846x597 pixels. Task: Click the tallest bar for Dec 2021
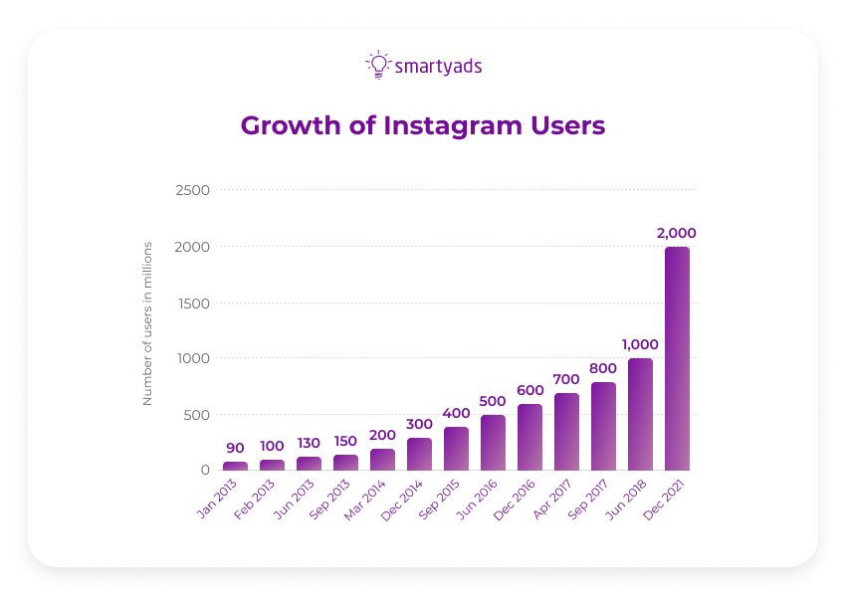tap(677, 358)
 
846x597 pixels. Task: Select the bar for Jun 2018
tap(640, 414)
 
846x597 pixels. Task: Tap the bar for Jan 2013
tap(235, 466)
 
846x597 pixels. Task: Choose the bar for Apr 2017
tap(566, 431)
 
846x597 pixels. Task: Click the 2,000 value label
tap(677, 233)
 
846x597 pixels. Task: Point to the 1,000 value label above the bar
tap(640, 344)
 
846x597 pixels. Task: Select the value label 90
tap(235, 448)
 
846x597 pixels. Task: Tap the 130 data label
tap(309, 443)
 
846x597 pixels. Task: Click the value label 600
tap(529, 390)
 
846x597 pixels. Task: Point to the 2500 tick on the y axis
tap(193, 190)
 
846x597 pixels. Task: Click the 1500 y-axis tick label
tap(193, 302)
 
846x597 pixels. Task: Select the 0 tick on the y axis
tap(205, 470)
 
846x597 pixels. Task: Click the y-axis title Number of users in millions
tap(147, 323)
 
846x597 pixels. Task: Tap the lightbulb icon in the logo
tap(378, 65)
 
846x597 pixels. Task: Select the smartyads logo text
tap(438, 67)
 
